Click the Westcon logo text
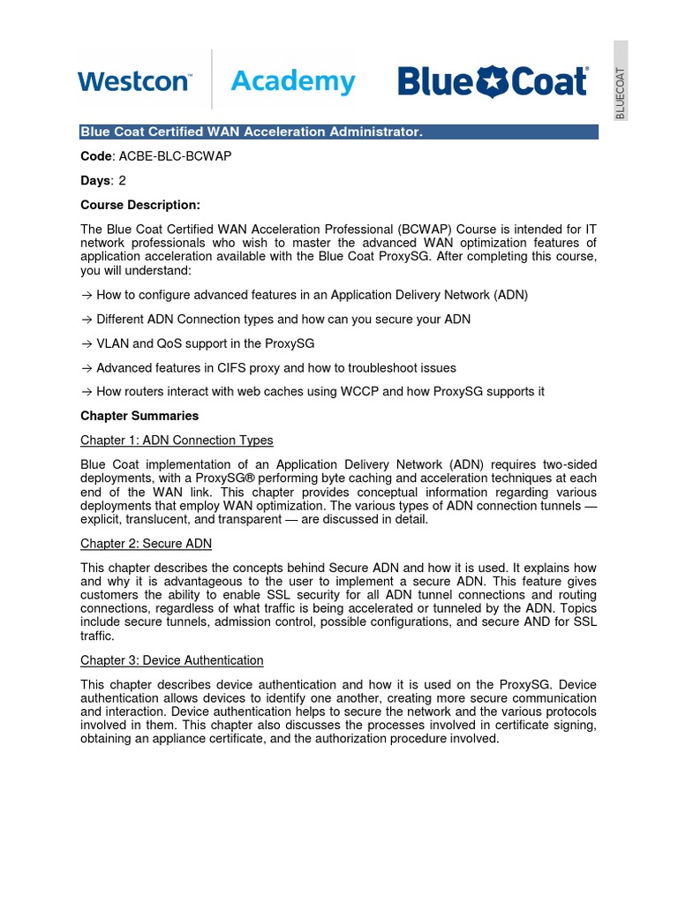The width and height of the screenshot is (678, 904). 133,82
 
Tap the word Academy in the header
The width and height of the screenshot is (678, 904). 292,82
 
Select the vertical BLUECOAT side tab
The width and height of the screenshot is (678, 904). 621,80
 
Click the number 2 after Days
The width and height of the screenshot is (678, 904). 123,180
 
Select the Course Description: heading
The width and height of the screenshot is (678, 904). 140,205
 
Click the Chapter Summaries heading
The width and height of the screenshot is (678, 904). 139,416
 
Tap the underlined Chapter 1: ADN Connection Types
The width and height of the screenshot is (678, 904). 177,440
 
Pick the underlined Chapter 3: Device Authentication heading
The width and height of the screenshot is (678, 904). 171,659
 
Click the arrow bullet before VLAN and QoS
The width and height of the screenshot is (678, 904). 86,343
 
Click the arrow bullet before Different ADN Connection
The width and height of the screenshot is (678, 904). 86,319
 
